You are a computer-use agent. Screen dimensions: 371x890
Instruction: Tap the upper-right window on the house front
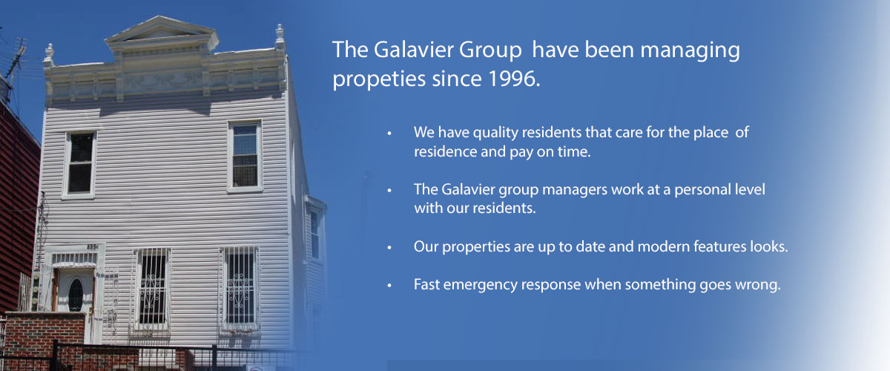pos(244,157)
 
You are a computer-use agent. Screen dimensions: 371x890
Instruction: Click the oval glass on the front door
pos(76,294)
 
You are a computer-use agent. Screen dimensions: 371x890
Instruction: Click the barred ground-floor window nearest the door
pos(151,288)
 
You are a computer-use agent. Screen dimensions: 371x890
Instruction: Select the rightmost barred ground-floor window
pos(240,286)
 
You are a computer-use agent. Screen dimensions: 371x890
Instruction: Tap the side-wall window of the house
pos(314,234)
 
